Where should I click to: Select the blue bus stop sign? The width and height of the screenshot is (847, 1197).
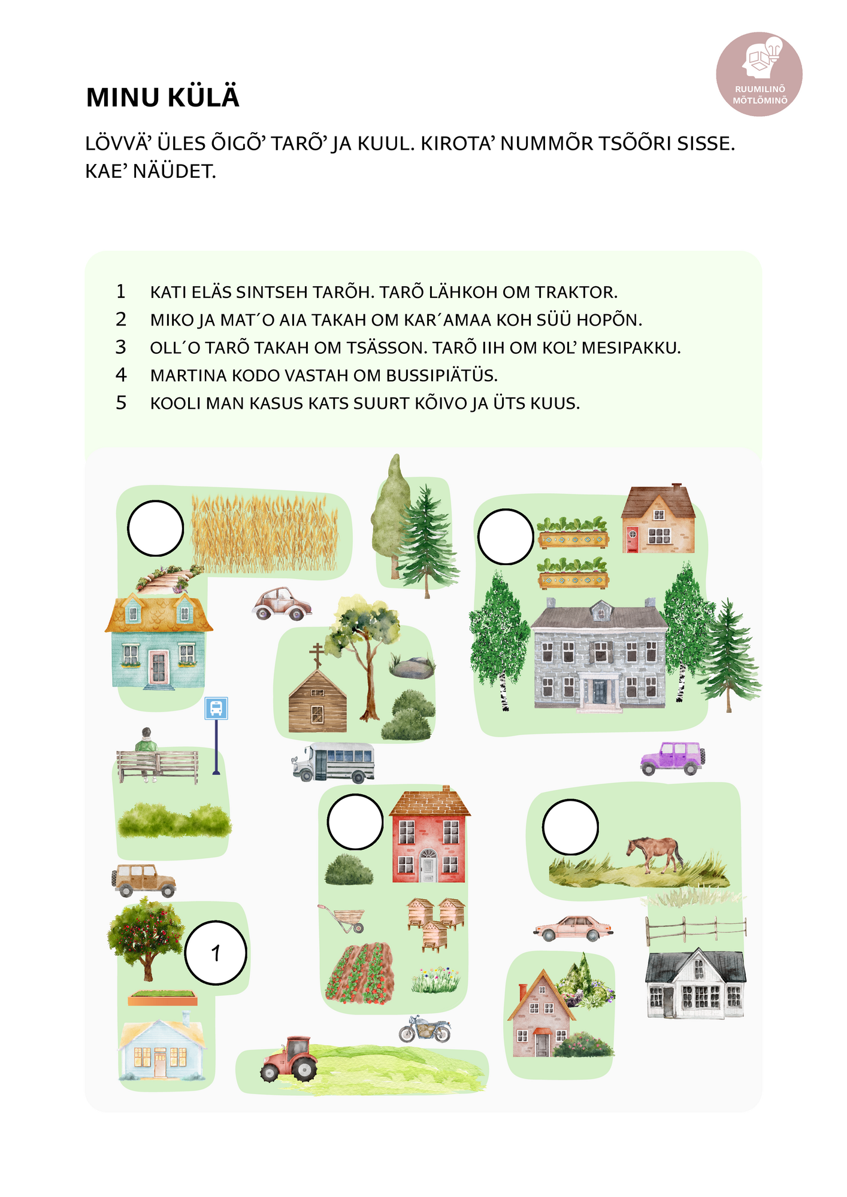216,709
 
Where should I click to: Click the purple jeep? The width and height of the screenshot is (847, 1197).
672,758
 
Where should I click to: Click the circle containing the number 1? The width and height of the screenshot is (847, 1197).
216,952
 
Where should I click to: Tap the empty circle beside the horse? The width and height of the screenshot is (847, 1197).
570,827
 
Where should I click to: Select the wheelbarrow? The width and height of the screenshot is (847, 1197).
342,918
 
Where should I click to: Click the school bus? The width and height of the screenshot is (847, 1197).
333,762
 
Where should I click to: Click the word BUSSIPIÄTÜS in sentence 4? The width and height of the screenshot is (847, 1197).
442,376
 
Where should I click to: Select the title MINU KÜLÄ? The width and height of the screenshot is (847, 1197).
163,98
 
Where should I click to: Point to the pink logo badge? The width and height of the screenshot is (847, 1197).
760,74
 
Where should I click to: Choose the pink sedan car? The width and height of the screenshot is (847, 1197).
573,928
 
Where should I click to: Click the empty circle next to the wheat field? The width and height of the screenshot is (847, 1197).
155,528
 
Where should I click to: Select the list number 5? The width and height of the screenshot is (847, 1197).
121,403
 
